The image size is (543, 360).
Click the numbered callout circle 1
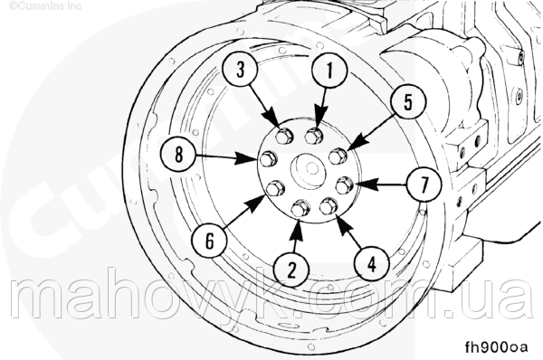pyautogui.click(x=329, y=71)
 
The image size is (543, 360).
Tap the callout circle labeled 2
pyautogui.click(x=291, y=270)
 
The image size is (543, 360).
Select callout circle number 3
pyautogui.click(x=240, y=70)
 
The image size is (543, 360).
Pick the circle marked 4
pyautogui.click(x=372, y=264)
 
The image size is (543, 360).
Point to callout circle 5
pyautogui.click(x=407, y=102)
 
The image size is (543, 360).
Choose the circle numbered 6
pyautogui.click(x=210, y=241)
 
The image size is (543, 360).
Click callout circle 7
pyautogui.click(x=424, y=185)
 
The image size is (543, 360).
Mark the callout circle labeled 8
pyautogui.click(x=178, y=154)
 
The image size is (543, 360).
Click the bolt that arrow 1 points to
pyautogui.click(x=314, y=136)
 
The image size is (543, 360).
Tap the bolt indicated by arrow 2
pyautogui.click(x=300, y=209)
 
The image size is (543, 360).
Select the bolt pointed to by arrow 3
pyautogui.click(x=284, y=136)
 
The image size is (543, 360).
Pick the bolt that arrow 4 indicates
pyautogui.click(x=329, y=206)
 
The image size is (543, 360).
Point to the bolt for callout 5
pyautogui.click(x=338, y=156)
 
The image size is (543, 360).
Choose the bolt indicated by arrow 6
pyautogui.click(x=276, y=188)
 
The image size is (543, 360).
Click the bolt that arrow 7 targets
pyautogui.click(x=345, y=185)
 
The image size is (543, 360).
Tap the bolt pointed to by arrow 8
pyautogui.click(x=269, y=159)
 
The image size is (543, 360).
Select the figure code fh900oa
pyautogui.click(x=497, y=346)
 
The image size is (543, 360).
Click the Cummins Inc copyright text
pyautogui.click(x=45, y=6)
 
